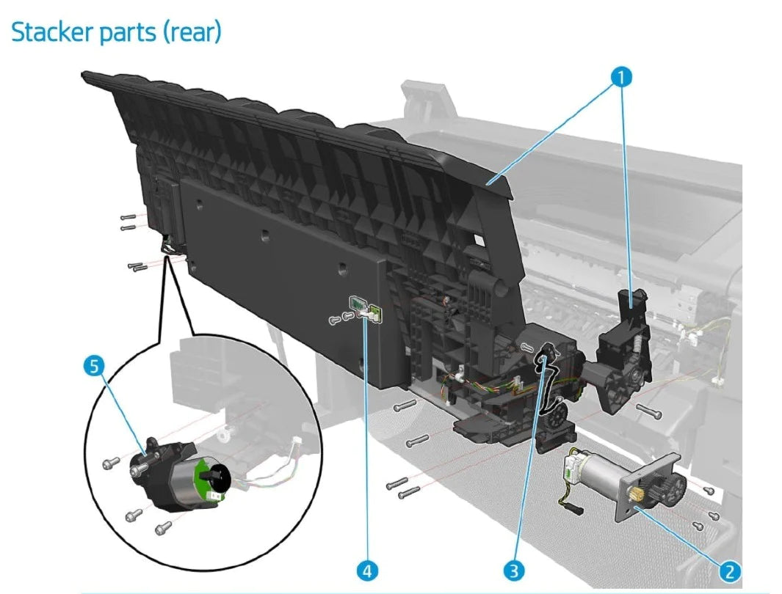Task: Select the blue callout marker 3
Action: tap(512, 570)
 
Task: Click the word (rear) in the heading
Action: tap(192, 33)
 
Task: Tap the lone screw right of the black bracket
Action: tap(650, 411)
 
